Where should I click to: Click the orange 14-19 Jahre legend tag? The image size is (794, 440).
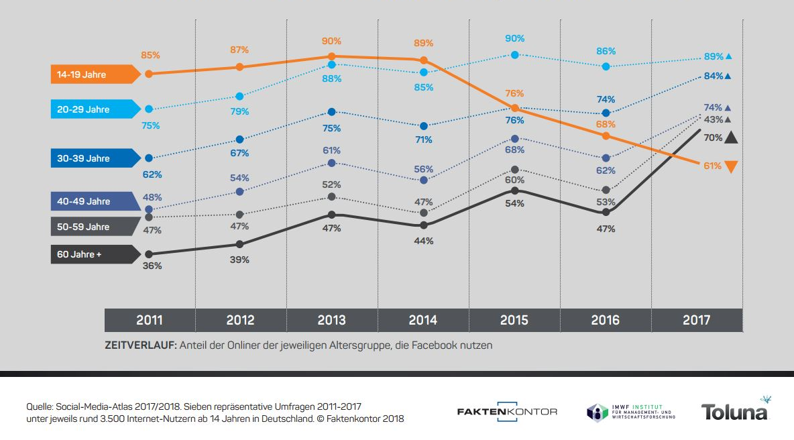95,74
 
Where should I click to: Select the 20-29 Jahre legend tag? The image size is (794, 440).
95,109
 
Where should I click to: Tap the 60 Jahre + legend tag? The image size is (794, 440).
95,254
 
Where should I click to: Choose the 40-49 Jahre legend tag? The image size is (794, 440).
95,201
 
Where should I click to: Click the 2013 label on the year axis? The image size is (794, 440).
331,320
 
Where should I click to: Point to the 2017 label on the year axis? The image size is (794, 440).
696,320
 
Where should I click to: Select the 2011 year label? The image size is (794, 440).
150,320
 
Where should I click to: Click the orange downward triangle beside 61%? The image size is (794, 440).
732,167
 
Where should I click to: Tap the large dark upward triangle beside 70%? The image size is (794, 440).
731,137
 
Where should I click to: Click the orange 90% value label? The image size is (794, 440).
331,42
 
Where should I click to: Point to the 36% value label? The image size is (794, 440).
152,266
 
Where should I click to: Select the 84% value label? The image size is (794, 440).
713,76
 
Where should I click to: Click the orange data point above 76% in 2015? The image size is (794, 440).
515,108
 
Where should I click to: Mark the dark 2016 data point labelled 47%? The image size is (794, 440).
606,212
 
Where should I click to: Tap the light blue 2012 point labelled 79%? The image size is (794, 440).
240,96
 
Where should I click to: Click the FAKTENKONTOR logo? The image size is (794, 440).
507,411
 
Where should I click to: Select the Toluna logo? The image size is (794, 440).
734,411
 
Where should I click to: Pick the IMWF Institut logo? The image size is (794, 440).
631,411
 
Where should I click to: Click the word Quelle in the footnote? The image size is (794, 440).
40,406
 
